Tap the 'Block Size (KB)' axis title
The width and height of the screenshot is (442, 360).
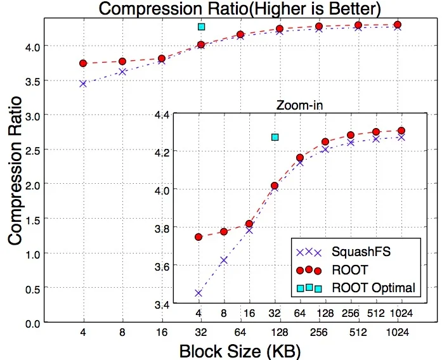[240, 349]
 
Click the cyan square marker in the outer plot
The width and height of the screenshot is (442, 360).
[201, 27]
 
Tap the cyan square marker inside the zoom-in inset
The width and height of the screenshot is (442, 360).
[275, 137]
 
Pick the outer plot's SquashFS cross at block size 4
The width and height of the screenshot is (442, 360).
[83, 84]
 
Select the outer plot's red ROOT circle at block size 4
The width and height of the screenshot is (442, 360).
[83, 63]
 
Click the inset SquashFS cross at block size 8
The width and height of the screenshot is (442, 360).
[224, 260]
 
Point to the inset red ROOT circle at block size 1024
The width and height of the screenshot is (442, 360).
[401, 131]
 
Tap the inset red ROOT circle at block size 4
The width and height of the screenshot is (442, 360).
[198, 236]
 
